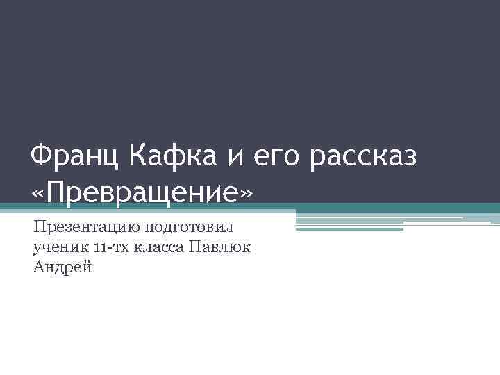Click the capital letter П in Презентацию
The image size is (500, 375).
[x=40, y=227]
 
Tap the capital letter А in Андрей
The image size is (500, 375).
[x=39, y=267]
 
